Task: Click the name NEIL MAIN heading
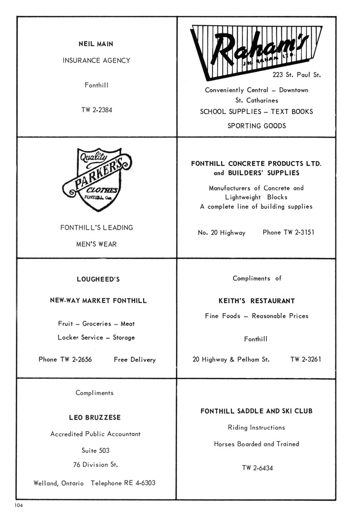point(96,45)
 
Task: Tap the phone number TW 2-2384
point(96,110)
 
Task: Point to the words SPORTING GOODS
point(257,126)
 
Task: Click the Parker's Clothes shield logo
point(96,179)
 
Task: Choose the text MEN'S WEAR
point(96,244)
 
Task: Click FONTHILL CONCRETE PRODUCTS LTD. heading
point(256,164)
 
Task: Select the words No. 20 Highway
point(221,232)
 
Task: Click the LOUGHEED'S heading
point(98,279)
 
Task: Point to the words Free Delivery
point(135,360)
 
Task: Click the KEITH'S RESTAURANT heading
point(257,301)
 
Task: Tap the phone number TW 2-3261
point(306,359)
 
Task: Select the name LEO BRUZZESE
point(95,418)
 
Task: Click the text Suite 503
point(95,451)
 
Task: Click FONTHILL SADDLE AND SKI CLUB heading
point(257,411)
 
